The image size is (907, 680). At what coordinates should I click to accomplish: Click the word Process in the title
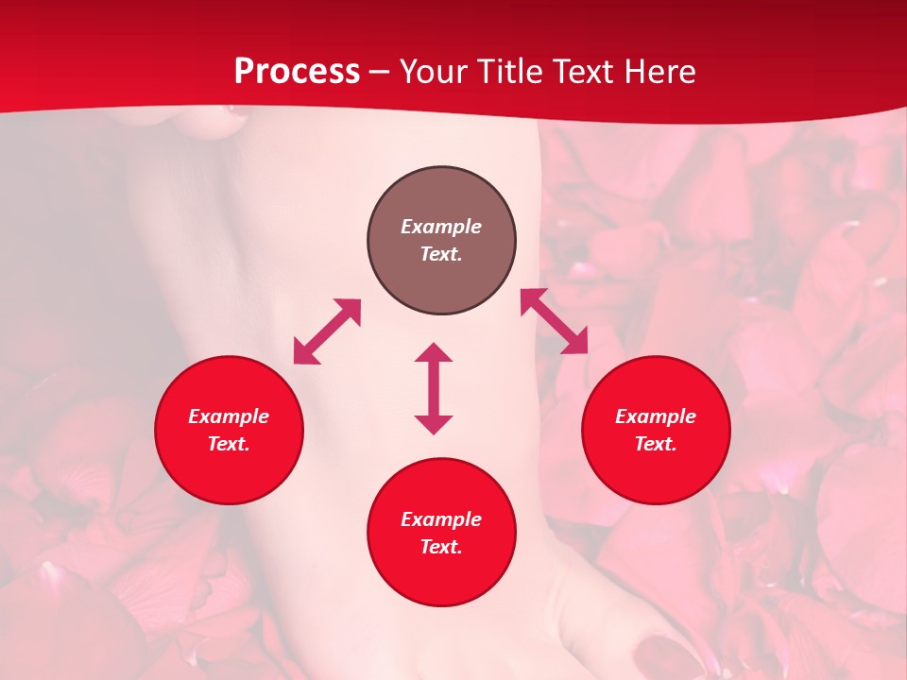297,72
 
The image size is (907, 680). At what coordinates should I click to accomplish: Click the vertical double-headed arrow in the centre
434,388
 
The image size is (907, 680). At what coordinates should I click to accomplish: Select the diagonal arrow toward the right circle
554,321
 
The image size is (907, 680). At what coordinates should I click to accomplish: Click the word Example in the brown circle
441,227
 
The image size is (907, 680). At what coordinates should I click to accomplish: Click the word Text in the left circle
229,444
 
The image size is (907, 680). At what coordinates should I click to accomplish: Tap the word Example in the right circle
656,416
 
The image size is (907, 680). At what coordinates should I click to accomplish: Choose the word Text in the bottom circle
441,547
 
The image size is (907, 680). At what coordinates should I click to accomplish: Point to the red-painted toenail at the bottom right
667,654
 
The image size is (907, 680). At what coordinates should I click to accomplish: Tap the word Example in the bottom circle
441,519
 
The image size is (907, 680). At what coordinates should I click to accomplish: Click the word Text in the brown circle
441,254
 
